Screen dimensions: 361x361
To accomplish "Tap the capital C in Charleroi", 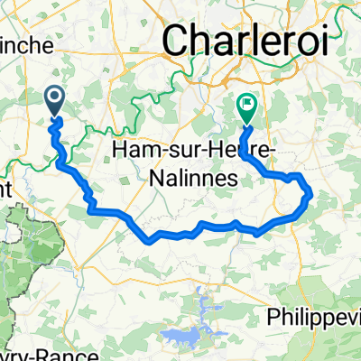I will [x=177, y=41].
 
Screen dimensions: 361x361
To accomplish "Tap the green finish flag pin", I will [x=245, y=108].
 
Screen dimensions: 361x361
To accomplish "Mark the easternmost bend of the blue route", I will [x=310, y=192].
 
